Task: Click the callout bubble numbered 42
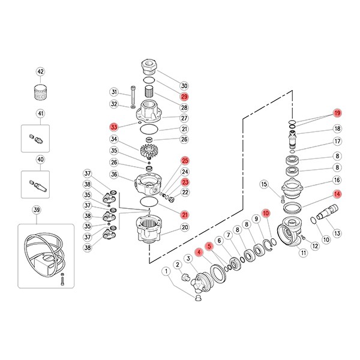[x=40, y=71]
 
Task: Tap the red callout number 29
[x=184, y=97]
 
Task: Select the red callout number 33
[x=114, y=127]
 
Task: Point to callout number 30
[x=184, y=86]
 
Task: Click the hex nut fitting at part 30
[x=149, y=66]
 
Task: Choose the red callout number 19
[x=337, y=113]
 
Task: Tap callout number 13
[x=337, y=233]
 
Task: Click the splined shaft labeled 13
[x=327, y=212]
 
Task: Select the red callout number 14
[x=337, y=194]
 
